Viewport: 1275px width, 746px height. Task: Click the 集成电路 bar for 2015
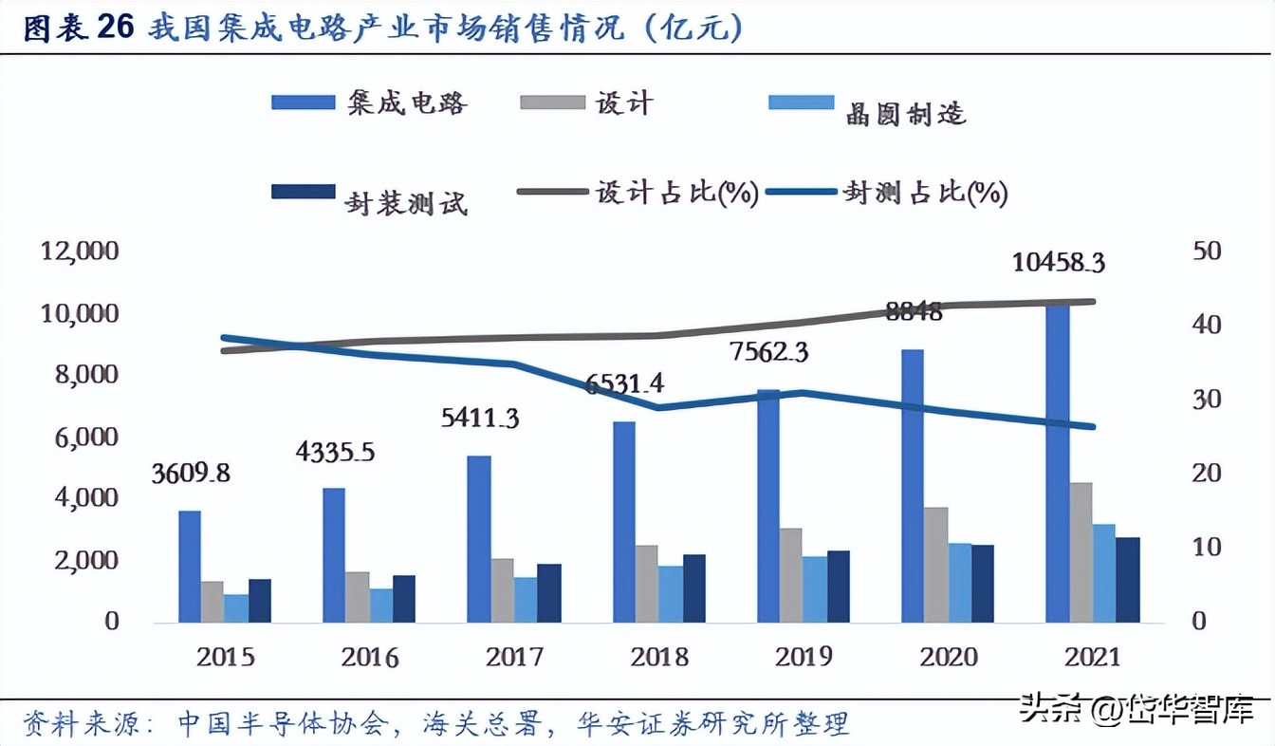(190, 567)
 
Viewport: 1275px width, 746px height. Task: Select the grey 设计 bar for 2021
(1081, 552)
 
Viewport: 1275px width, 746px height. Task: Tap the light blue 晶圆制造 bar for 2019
(815, 589)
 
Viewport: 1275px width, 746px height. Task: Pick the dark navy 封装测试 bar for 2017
(549, 593)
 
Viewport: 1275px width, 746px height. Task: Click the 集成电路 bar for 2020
(913, 486)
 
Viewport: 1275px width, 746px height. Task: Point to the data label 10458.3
(1058, 263)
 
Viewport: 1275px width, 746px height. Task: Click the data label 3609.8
(191, 473)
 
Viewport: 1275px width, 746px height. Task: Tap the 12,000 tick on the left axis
(80, 252)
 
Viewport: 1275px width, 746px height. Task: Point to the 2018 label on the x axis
(658, 657)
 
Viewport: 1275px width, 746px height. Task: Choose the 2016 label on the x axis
(370, 657)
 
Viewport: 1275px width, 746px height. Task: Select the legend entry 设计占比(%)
(675, 193)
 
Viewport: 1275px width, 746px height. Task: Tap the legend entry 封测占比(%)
(925, 193)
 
